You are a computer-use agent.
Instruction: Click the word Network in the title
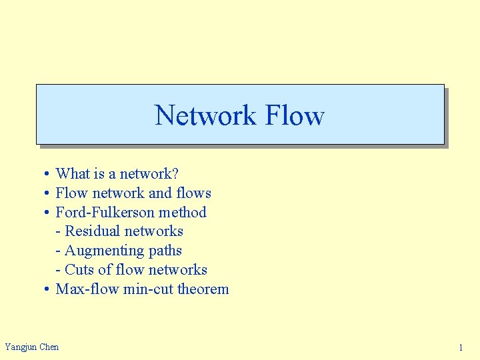point(205,115)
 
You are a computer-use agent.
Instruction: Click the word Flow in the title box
point(294,115)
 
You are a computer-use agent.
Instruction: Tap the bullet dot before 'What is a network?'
point(47,174)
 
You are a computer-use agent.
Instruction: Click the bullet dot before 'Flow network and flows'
point(47,193)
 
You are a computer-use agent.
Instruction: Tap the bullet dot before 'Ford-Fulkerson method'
point(47,213)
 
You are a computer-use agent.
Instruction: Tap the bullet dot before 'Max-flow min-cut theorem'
point(47,289)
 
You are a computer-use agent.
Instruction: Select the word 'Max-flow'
point(87,289)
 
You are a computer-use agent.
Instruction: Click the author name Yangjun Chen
point(31,347)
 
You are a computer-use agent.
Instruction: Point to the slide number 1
point(460,347)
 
